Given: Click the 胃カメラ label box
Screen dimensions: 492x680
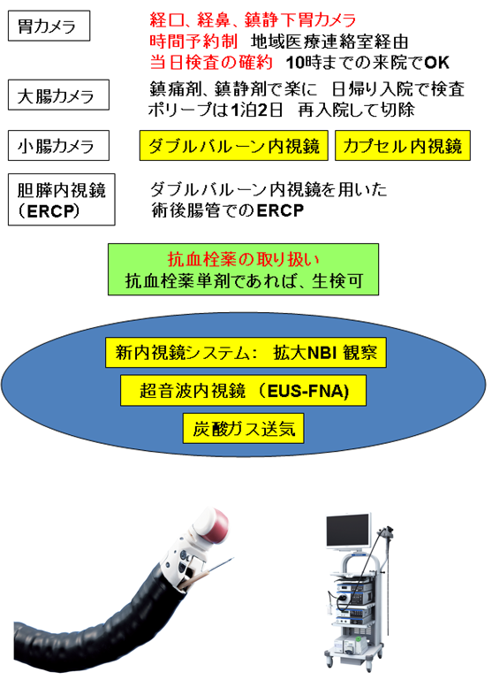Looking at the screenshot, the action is pos(49,26).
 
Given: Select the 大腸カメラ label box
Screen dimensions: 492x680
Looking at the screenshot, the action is pos(58,95).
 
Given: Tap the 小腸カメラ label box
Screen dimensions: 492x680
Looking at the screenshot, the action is pos(58,145).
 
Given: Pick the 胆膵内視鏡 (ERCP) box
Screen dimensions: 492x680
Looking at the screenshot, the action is pos(62,200).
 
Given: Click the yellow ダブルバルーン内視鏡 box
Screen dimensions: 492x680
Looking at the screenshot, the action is pos(234,146).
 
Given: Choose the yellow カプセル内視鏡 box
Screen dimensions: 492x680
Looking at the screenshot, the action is pos(403,146).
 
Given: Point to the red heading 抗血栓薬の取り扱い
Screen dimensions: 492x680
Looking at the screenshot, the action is pos(244,259).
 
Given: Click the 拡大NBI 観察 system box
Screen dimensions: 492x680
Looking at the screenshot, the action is pos(246,353).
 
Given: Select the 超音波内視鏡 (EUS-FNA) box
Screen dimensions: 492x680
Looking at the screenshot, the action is pos(244,391).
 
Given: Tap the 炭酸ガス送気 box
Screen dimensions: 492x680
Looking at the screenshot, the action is pos(244,429).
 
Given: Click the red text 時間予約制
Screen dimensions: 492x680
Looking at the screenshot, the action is pos(193,42).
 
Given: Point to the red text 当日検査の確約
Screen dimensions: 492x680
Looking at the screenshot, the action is pos(211,63).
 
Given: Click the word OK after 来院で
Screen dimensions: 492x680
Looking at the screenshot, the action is pos(436,63).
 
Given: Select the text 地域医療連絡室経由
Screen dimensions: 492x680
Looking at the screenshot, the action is pos(329,42).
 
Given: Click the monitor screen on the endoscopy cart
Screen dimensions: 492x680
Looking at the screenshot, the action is pos(348,531).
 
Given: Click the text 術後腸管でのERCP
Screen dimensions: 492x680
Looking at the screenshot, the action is pos(227,210).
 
